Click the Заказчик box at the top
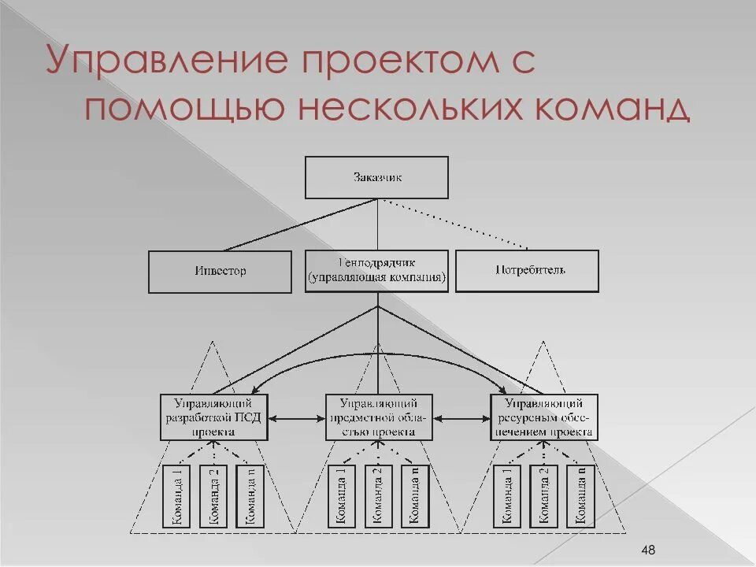point(376,177)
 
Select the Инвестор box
point(220,272)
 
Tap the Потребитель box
point(527,271)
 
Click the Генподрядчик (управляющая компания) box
point(376,271)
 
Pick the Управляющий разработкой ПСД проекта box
point(214,417)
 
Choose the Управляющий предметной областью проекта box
point(380,417)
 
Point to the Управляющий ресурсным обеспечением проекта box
point(545,417)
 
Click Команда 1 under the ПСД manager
point(177,496)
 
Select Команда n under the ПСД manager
point(251,496)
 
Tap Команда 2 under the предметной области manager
point(379,496)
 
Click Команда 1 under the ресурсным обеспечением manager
point(508,496)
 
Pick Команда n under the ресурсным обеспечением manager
point(582,496)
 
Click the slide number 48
point(649,549)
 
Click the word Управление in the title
point(154,61)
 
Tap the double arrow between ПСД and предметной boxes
point(297,417)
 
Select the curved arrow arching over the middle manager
point(378,355)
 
